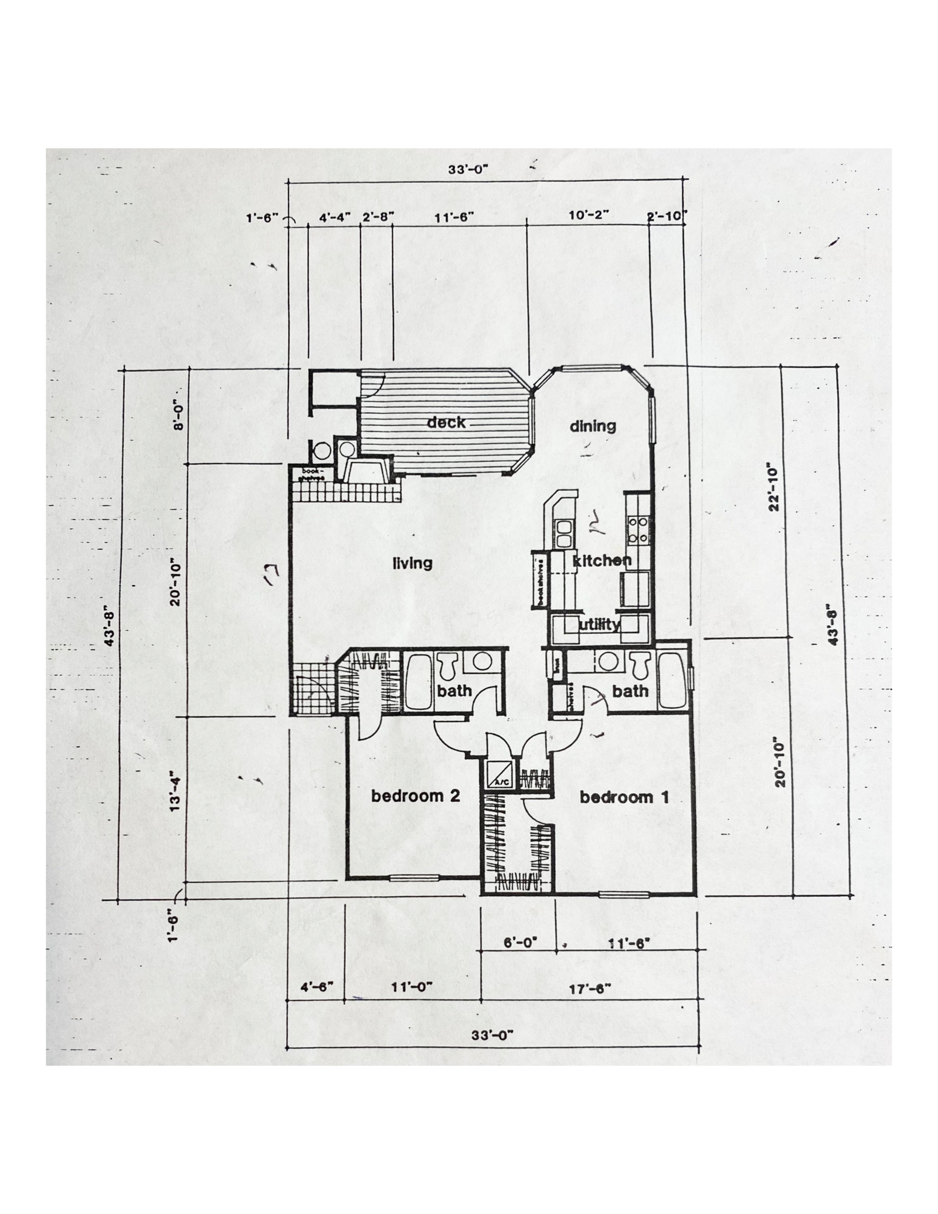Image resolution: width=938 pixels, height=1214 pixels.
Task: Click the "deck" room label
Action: tap(446, 422)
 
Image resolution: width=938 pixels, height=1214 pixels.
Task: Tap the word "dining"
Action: tap(593, 426)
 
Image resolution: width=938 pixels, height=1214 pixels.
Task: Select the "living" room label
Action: tap(412, 563)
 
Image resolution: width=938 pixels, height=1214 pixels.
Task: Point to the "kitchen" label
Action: tap(602, 560)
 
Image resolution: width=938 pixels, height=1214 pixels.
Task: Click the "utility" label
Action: tap(599, 625)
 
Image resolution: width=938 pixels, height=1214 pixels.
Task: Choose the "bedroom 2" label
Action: tap(415, 796)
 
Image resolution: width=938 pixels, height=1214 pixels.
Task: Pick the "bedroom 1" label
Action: tap(624, 797)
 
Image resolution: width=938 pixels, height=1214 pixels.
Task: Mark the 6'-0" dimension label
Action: tap(521, 943)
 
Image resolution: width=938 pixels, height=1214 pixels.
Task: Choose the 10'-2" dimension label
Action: tap(589, 215)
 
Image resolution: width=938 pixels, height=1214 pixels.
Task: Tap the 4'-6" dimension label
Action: tap(317, 987)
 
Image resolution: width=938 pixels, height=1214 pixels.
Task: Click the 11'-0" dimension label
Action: tap(412, 987)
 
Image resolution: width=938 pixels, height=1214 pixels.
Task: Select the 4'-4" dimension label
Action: tap(335, 217)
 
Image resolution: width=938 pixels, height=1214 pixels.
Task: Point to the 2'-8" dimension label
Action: tap(378, 217)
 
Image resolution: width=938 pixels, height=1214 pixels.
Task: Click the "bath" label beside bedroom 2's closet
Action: tap(454, 691)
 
